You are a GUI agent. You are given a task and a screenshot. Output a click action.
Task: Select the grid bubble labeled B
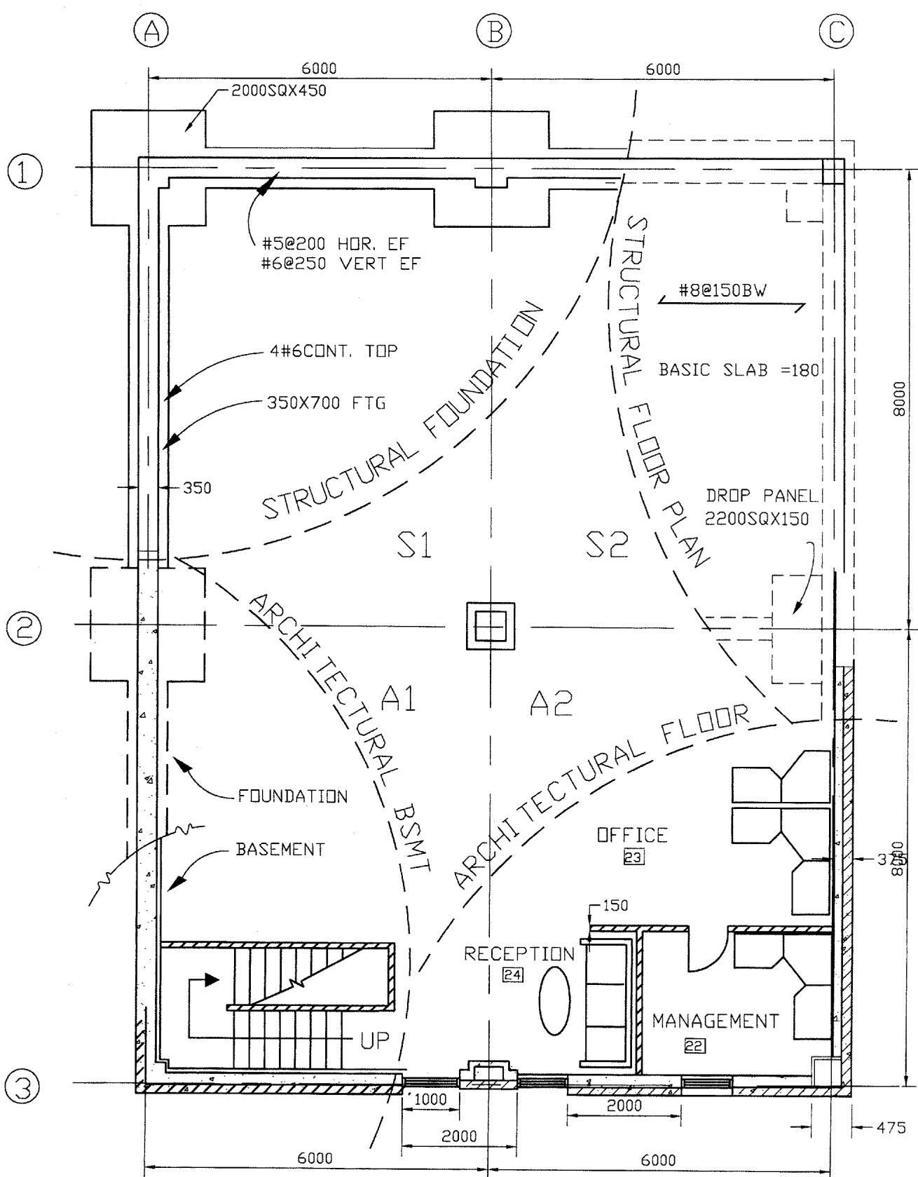coord(493,32)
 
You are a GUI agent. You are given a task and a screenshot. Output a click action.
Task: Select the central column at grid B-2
coord(491,625)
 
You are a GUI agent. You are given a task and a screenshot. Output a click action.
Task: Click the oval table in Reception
coord(555,1001)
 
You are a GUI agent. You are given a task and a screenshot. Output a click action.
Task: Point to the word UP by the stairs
coord(375,1040)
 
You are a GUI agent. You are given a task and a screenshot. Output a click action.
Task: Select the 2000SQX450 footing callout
coord(279,90)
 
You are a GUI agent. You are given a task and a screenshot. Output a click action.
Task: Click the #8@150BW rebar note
coord(723,290)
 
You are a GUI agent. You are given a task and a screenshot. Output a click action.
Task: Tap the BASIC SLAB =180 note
coord(739,369)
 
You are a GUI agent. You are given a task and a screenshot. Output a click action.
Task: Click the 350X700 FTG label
coord(327,403)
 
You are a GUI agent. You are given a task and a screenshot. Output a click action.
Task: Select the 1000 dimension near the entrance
coord(431,1100)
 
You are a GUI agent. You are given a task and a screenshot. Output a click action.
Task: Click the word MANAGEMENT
coord(715,1021)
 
